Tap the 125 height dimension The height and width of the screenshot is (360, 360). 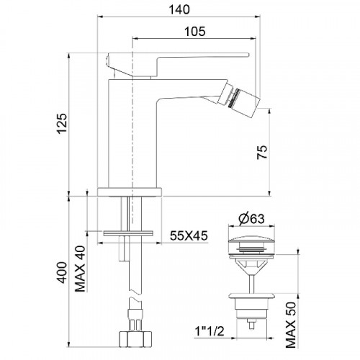click(62, 123)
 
